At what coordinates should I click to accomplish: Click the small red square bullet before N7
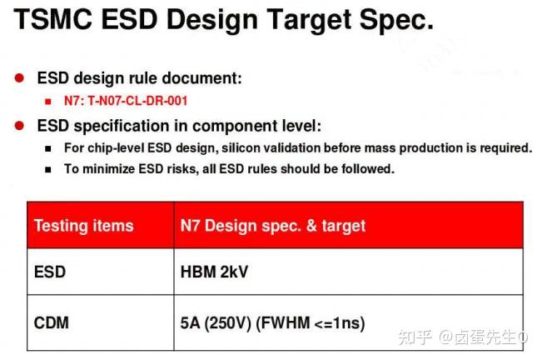(49, 102)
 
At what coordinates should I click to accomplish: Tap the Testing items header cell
(83, 226)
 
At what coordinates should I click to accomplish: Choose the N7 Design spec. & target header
(272, 226)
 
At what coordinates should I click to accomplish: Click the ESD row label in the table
(50, 272)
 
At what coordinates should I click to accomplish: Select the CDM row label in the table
(52, 321)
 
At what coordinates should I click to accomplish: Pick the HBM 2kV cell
(214, 272)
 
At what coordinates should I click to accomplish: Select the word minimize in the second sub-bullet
(109, 168)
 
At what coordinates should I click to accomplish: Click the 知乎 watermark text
(414, 337)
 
